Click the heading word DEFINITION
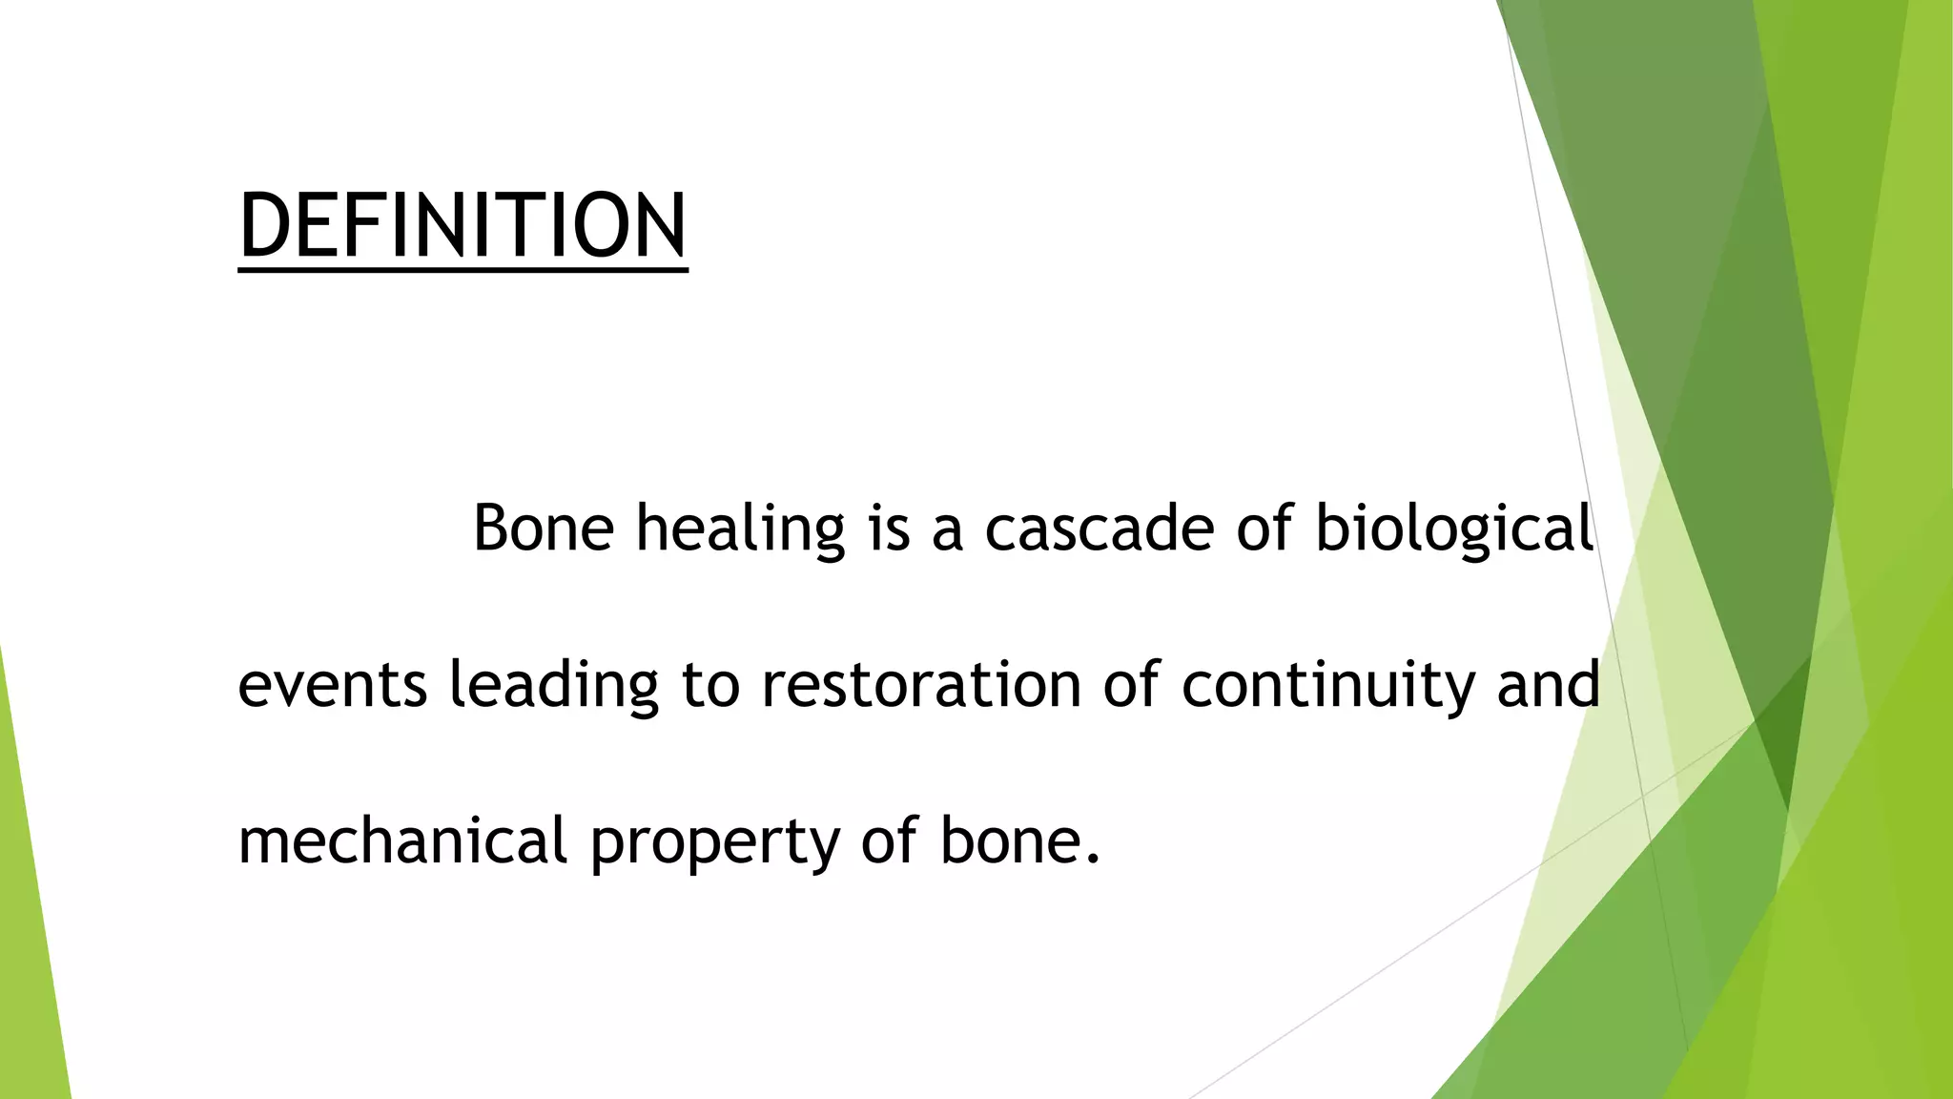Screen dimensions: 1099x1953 click(x=463, y=225)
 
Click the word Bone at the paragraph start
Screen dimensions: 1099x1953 click(x=543, y=528)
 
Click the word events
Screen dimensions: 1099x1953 click(x=332, y=686)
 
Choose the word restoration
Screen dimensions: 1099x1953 click(x=920, y=685)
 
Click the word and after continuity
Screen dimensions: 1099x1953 click(x=1548, y=685)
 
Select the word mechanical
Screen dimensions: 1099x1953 click(x=402, y=841)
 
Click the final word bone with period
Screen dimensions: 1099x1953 click(x=1019, y=841)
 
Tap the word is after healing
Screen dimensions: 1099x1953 click(x=889, y=528)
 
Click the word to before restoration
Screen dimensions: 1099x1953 click(x=710, y=686)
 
